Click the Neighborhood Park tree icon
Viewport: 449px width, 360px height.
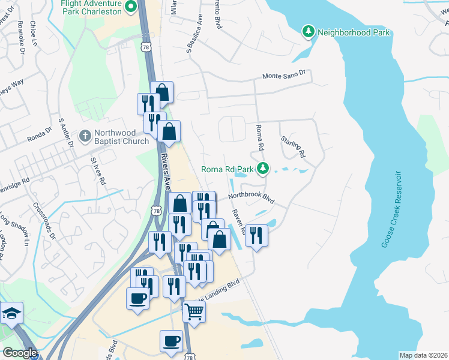(x=309, y=31)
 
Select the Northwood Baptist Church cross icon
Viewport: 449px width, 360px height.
(x=85, y=136)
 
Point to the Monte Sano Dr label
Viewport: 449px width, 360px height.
(x=284, y=75)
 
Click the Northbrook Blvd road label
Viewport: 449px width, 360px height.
(x=250, y=198)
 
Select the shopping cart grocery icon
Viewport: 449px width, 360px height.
(x=194, y=311)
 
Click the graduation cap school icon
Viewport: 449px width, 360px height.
(x=11, y=314)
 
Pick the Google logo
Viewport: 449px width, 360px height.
(x=20, y=353)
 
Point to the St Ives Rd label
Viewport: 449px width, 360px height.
(x=97, y=170)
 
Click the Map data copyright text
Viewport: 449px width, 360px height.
(x=423, y=355)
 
